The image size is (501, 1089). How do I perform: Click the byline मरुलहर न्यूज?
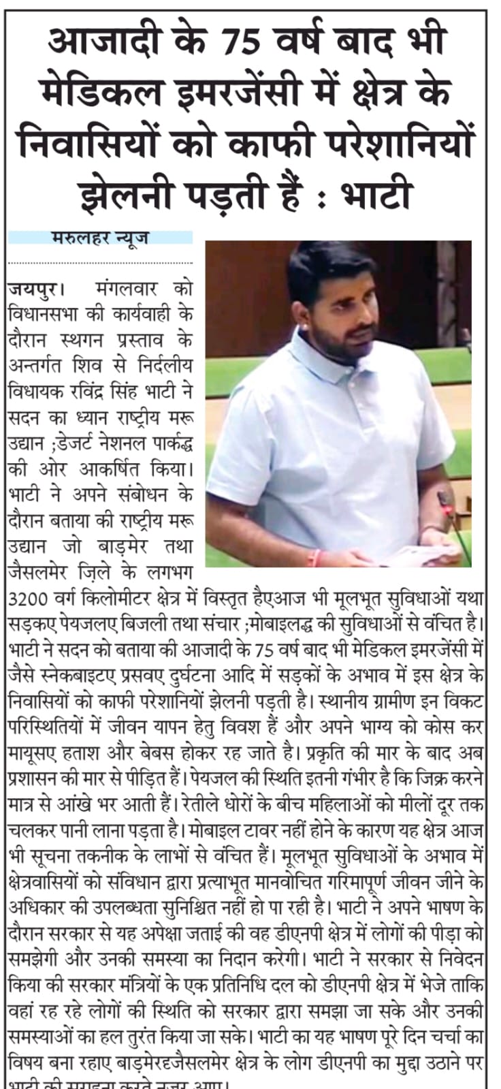coord(99,238)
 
